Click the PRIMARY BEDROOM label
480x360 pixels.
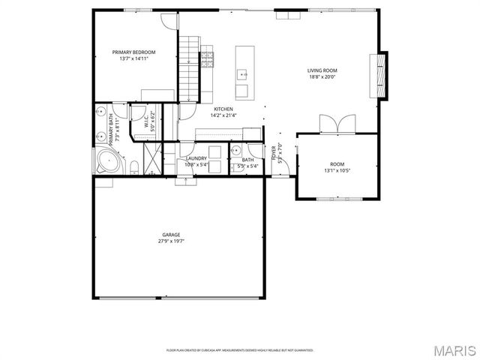pyautogui.click(x=133, y=52)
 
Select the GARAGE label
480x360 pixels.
pyautogui.click(x=171, y=235)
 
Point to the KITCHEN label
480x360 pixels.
pyautogui.click(x=223, y=109)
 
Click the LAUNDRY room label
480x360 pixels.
pyautogui.click(x=196, y=158)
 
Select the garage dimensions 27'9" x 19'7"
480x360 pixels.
pyautogui.click(x=171, y=241)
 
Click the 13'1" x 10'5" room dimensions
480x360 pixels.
pyautogui.click(x=337, y=170)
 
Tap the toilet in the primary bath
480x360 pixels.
pyautogui.click(x=133, y=166)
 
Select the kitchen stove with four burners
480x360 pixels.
pyautogui.click(x=207, y=56)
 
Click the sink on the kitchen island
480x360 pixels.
pyautogui.click(x=243, y=74)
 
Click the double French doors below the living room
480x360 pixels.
pyautogui.click(x=333, y=124)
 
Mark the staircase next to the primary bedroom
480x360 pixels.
pyautogui.click(x=188, y=67)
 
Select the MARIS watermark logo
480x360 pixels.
pyautogui.click(x=453, y=350)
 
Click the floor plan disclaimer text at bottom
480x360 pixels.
pyautogui.click(x=240, y=349)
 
